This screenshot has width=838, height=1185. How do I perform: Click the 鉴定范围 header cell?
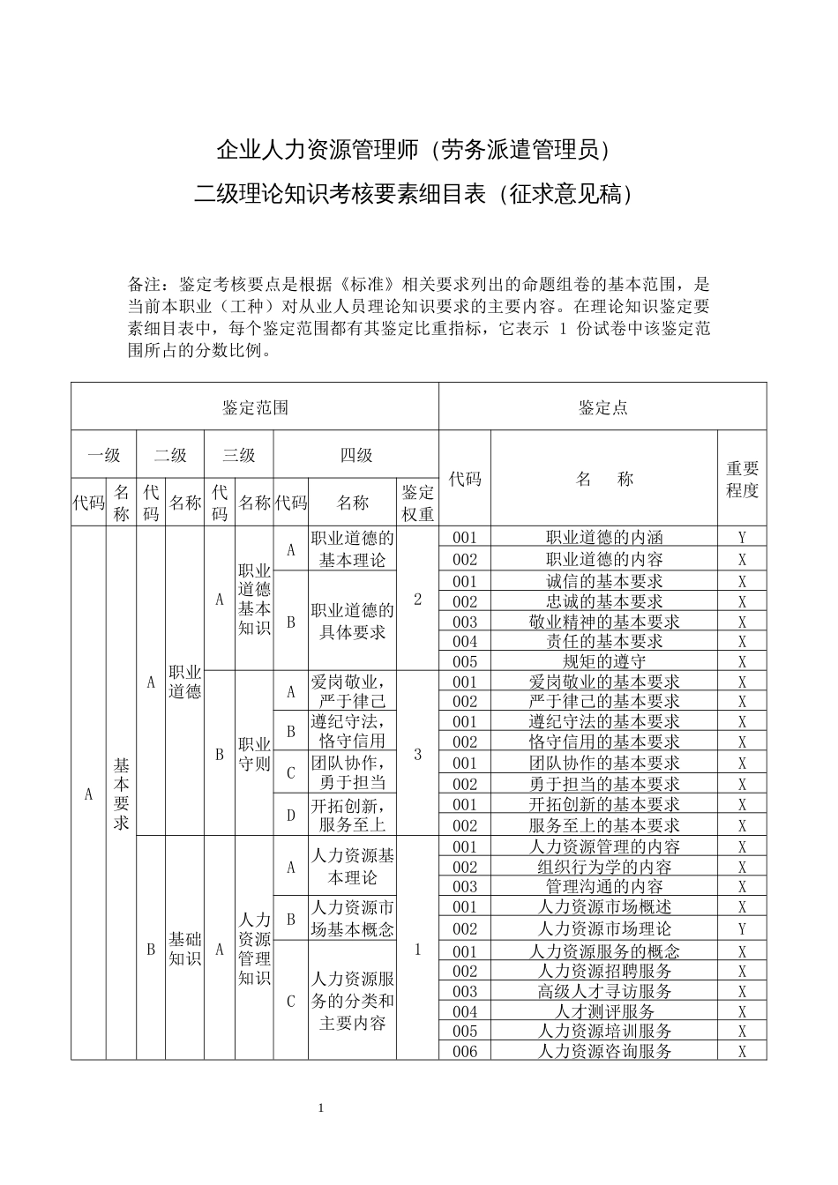pos(255,407)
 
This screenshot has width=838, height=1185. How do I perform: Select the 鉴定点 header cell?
pos(603,407)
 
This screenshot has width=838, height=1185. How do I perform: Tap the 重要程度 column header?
pos(742,479)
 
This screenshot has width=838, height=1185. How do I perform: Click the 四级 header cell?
pos(355,455)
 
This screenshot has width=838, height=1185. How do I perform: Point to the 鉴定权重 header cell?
pos(417,503)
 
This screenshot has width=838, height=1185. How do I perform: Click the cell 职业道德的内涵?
pos(604,537)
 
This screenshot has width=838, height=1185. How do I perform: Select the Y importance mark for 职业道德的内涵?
pos(742,537)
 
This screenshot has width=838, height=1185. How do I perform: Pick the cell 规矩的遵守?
pos(604,661)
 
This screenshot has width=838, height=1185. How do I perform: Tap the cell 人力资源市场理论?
pos(604,928)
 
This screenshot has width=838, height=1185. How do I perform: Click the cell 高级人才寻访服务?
pos(604,991)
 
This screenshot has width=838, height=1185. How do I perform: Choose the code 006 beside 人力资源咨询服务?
pos(464,1051)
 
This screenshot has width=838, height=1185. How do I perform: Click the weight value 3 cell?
pos(417,754)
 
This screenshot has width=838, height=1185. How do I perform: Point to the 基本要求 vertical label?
pos(121,794)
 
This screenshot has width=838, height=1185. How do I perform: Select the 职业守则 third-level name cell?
pos(254,754)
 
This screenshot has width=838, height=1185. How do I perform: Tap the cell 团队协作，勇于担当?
pos(352,771)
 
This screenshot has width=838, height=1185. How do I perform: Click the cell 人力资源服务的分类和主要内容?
pos(352,1001)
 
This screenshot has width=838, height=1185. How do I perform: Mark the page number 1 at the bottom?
pos(321,1107)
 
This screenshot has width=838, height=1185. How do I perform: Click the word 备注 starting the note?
pos(144,285)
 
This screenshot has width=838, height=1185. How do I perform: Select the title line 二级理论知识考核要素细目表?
pos(414,194)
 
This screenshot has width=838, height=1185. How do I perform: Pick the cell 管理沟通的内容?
pos(604,887)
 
